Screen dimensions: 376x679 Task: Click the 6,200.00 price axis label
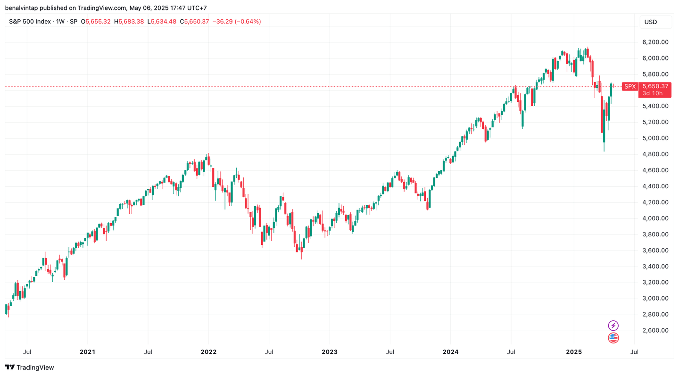point(655,42)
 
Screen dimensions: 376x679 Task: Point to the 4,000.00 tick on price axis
point(655,218)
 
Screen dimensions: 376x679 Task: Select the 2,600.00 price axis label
point(655,330)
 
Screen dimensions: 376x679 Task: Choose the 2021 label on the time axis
point(87,352)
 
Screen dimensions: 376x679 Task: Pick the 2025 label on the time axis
point(574,352)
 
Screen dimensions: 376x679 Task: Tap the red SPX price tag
point(630,86)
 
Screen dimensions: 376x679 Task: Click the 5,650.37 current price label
point(655,86)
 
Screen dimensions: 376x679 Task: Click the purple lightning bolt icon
point(613,326)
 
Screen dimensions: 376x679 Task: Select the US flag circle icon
point(613,338)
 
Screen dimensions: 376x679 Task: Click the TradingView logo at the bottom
point(29,368)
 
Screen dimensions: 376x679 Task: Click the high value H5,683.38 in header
point(130,22)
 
